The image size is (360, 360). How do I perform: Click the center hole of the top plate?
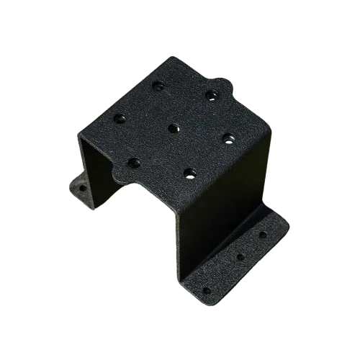coord(173,128)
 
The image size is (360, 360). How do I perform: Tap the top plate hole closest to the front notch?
coord(134,162)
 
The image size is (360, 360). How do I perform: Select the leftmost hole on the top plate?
coord(120,117)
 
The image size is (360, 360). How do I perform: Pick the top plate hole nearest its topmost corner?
coord(158,86)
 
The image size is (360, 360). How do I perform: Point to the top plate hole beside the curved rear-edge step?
coord(211,94)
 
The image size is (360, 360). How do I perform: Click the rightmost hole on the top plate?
coord(227,138)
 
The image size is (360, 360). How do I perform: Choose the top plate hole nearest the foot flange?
coord(189,172)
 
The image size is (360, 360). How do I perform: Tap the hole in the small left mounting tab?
coord(82,188)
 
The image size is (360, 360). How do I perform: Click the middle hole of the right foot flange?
coord(240,256)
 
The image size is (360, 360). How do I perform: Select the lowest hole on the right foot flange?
coord(207,290)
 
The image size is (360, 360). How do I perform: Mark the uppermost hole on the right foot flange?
coord(262,234)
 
